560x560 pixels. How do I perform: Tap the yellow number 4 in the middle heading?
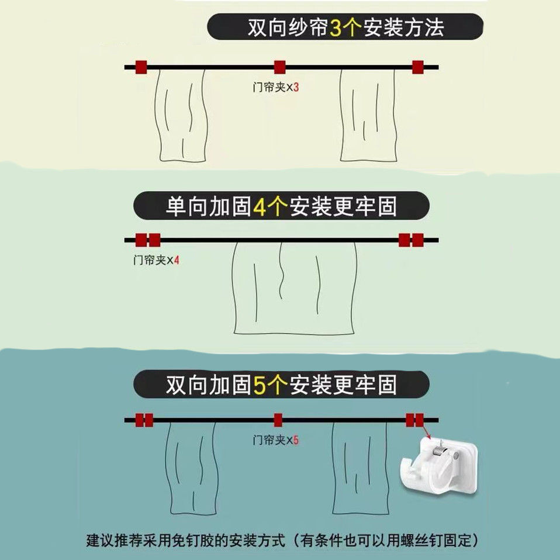pyautogui.click(x=260, y=207)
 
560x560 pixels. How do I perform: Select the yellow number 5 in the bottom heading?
pyautogui.click(x=260, y=386)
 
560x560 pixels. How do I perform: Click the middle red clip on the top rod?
pyautogui.click(x=279, y=67)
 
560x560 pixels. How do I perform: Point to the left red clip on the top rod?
pyautogui.click(x=141, y=67)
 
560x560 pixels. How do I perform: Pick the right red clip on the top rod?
pyautogui.click(x=418, y=67)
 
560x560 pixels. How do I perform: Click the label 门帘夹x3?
pyautogui.click(x=275, y=87)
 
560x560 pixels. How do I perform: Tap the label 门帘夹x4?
pyautogui.click(x=156, y=260)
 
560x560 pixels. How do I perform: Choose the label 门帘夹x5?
pyautogui.click(x=275, y=440)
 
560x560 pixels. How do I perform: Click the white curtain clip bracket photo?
pyautogui.click(x=439, y=464)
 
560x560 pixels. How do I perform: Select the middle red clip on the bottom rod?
pyautogui.click(x=278, y=420)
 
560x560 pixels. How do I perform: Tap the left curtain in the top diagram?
pyautogui.click(x=181, y=115)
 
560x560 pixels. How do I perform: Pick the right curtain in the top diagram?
pyautogui.click(x=368, y=115)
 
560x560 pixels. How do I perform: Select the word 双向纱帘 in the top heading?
pyautogui.click(x=288, y=27)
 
